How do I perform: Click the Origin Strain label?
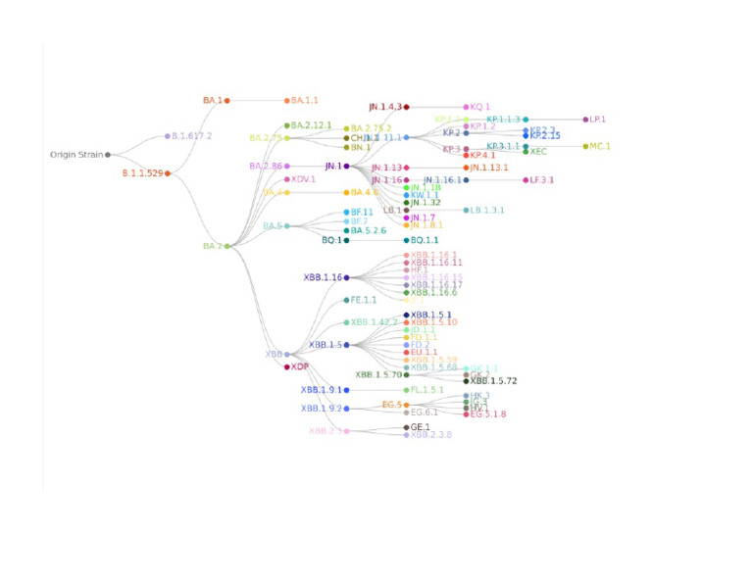pos(76,154)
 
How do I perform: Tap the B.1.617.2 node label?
pos(191,136)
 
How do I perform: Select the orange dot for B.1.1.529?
pos(168,173)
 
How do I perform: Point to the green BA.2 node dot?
pos(227,246)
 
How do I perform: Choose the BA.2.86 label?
pos(266,167)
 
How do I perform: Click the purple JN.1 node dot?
pos(346,167)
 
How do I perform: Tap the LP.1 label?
pos(597,120)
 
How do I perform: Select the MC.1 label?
pos(599,146)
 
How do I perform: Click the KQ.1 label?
pos(480,107)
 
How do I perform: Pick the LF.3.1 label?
pos(540,180)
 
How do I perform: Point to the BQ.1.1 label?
pos(425,240)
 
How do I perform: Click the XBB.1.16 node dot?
pos(346,278)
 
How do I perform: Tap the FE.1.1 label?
pos(364,300)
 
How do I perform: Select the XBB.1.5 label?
pos(325,345)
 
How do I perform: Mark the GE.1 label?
pos(421,427)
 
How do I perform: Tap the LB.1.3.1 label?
pos(487,210)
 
